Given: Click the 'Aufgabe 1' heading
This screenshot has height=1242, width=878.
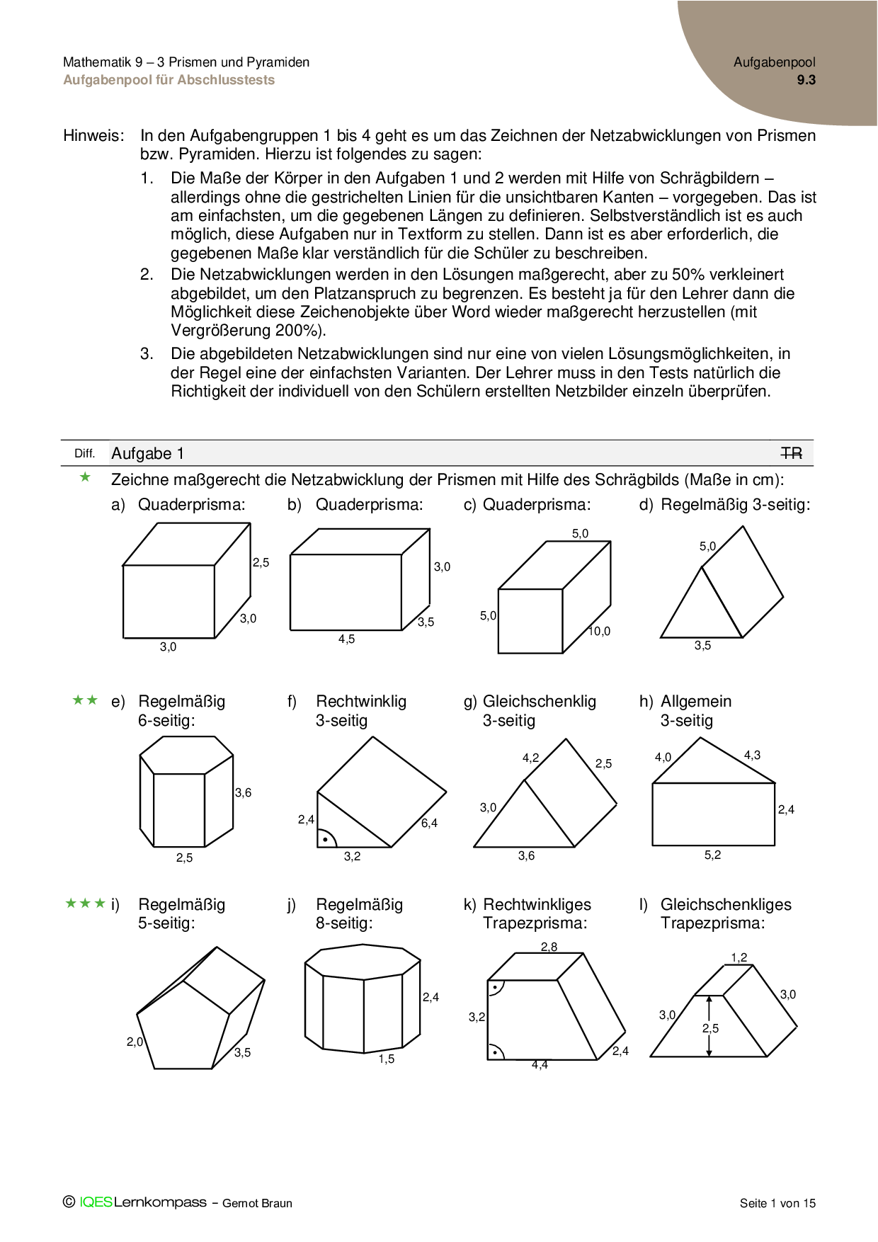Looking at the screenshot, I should click(x=147, y=454).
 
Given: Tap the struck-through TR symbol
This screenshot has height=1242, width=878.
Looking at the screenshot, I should click(x=791, y=453).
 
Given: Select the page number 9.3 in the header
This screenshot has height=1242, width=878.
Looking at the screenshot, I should click(x=806, y=80).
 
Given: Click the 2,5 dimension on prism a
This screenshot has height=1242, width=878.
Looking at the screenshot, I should click(x=261, y=563).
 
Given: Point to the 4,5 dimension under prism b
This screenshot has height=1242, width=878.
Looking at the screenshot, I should click(x=346, y=639).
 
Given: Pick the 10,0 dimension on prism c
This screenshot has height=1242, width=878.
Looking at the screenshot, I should click(x=599, y=632).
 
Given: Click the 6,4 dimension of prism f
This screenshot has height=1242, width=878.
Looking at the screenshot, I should click(x=429, y=823).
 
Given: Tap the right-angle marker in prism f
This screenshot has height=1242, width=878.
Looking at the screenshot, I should click(x=326, y=839).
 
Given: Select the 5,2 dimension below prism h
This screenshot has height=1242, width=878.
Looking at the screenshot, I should click(x=712, y=855).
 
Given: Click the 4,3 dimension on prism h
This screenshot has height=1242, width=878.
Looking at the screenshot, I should click(x=752, y=756).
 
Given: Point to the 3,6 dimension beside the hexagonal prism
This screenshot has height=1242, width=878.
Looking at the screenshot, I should click(x=243, y=793).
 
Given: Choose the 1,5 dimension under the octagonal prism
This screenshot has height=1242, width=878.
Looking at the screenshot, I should click(x=386, y=1059).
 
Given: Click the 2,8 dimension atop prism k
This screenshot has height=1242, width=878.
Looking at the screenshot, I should click(x=549, y=947).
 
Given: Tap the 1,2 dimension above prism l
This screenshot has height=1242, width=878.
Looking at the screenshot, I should click(x=739, y=958).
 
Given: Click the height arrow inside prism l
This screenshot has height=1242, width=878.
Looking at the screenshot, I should click(x=709, y=1026).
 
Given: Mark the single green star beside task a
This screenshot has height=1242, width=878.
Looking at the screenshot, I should click(x=86, y=478).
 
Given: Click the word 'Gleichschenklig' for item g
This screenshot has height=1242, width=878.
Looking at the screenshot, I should click(x=539, y=702).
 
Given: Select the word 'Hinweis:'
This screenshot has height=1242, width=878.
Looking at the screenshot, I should click(x=93, y=136).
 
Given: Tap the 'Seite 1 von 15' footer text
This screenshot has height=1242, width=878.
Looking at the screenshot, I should click(x=777, y=1203).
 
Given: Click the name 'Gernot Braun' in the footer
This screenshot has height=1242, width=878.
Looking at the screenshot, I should click(x=257, y=1203).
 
